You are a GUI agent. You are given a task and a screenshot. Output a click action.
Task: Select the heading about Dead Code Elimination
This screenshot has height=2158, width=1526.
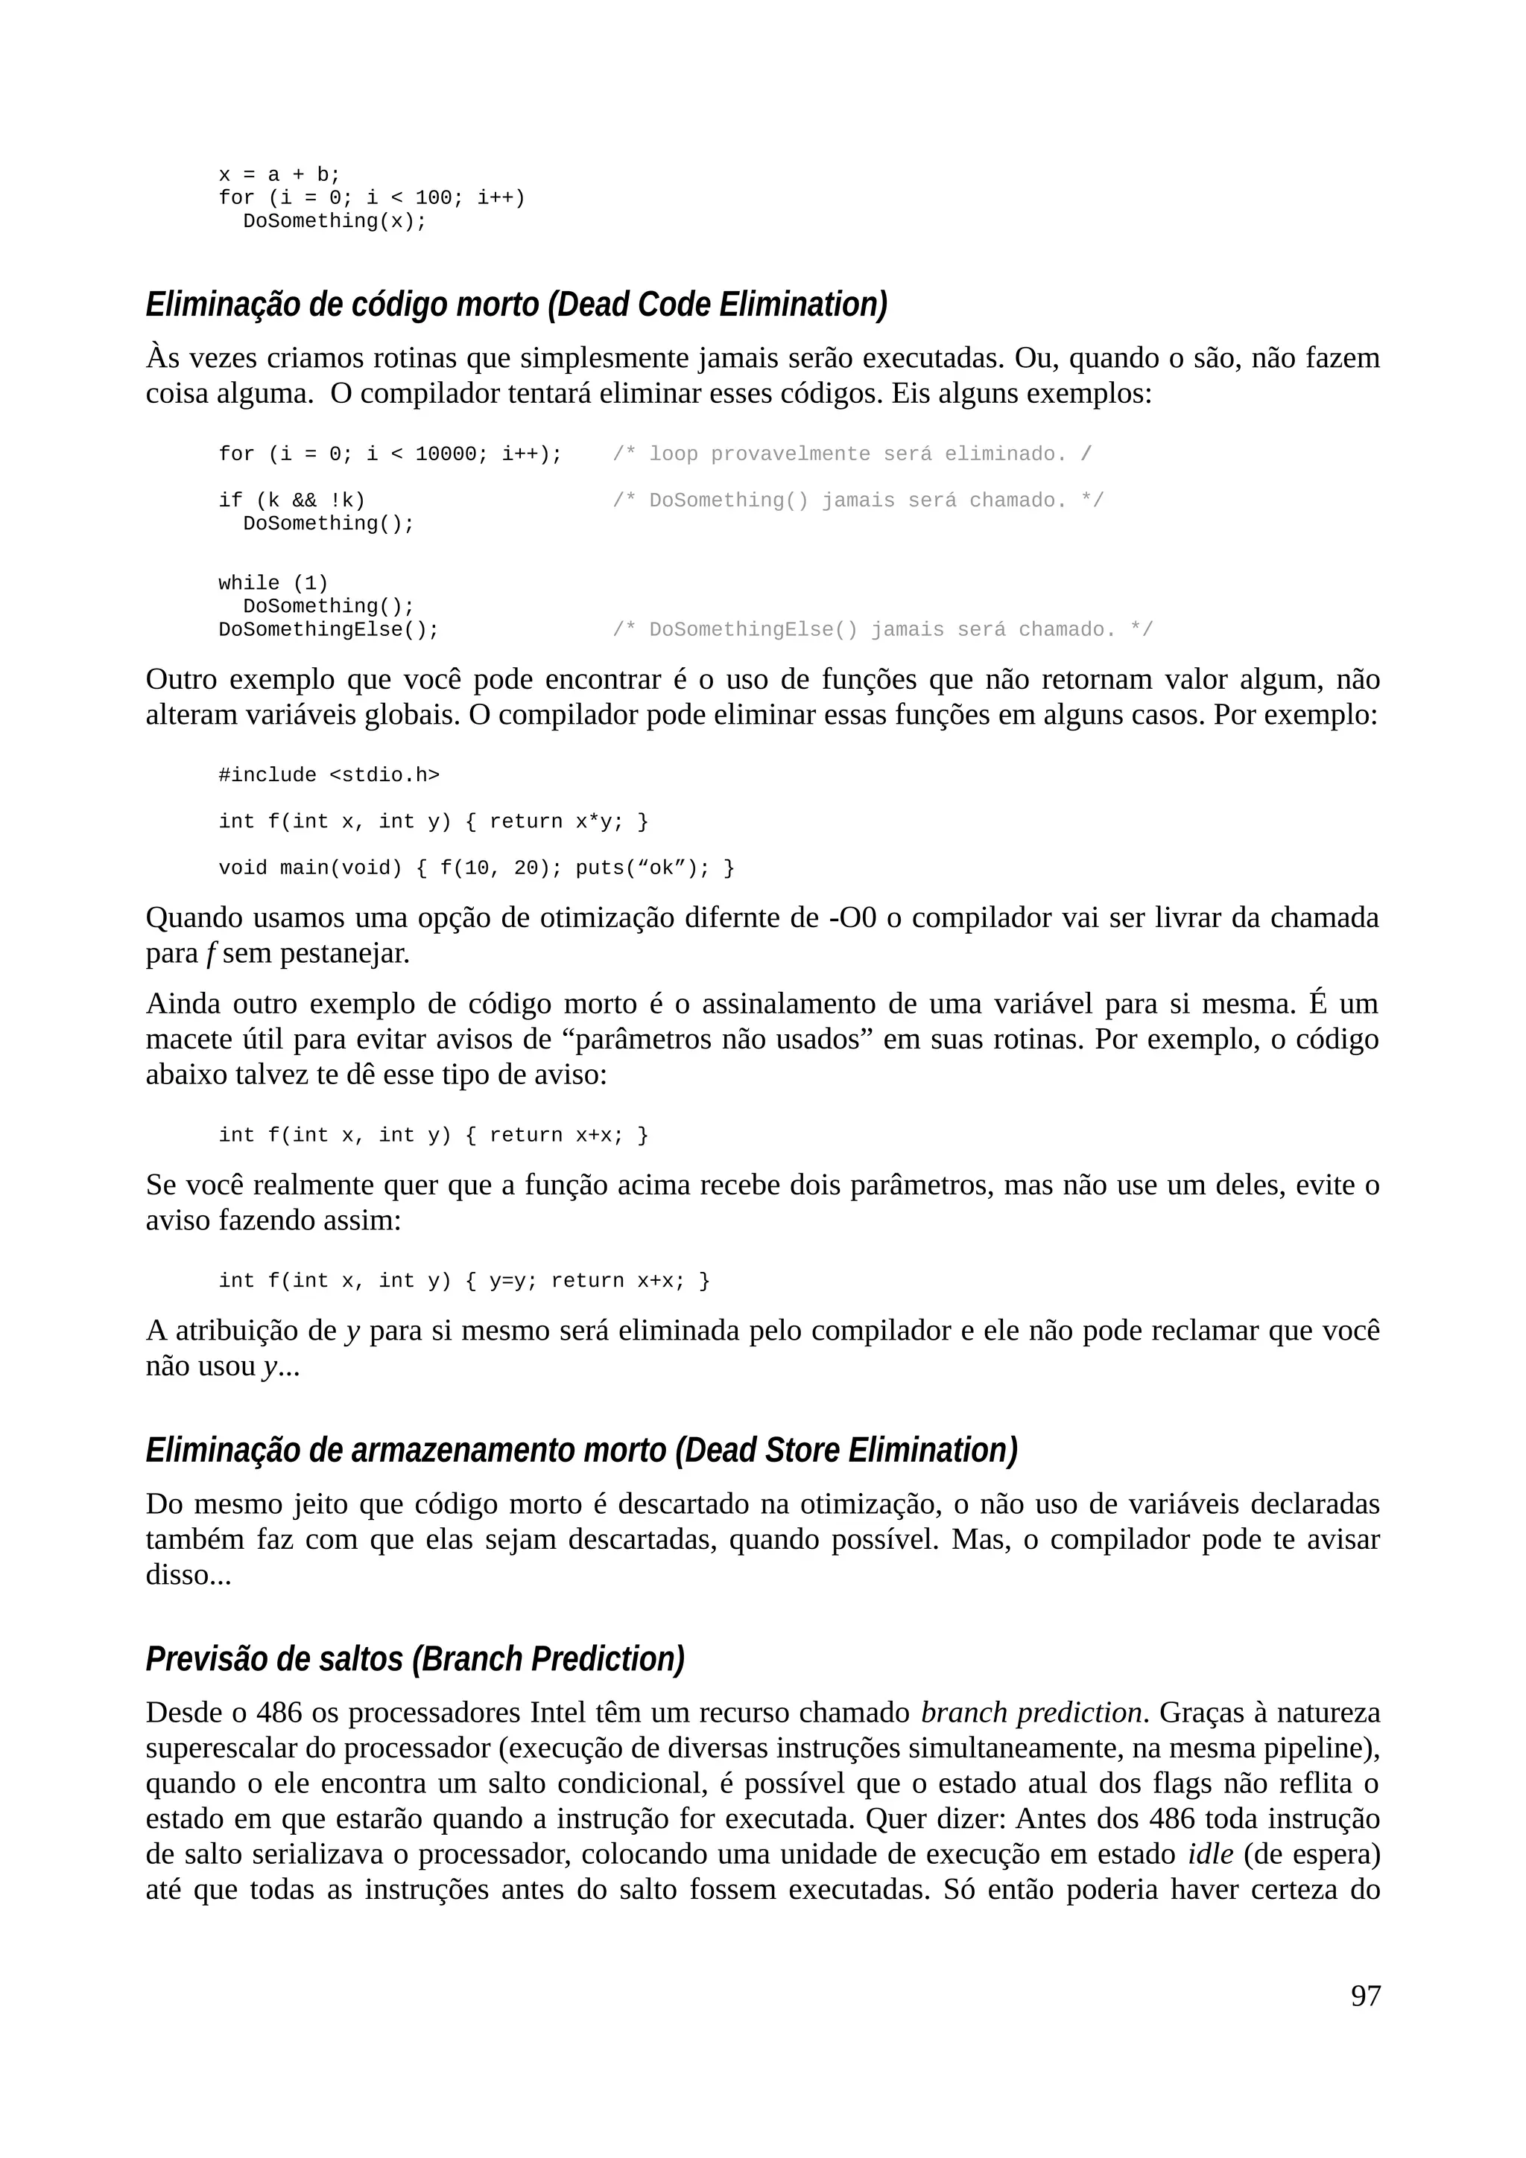click(x=516, y=305)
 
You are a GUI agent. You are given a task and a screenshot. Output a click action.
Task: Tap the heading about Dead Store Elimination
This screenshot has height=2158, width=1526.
click(x=581, y=1451)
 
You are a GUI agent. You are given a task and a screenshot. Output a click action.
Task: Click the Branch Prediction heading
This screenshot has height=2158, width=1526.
click(x=414, y=1659)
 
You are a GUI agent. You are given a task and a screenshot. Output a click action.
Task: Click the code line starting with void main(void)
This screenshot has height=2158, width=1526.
click(x=476, y=868)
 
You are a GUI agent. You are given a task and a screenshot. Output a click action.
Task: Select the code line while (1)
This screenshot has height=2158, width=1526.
click(x=273, y=583)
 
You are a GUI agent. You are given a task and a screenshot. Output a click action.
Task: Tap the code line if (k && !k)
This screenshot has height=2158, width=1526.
click(x=291, y=500)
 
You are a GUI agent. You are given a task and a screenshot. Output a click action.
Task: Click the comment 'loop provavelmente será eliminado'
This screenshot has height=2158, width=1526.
click(x=851, y=454)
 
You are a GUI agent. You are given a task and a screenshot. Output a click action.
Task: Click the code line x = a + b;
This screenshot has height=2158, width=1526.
click(x=279, y=175)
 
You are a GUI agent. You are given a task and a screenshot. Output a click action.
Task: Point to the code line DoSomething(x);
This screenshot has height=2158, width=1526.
click(x=334, y=221)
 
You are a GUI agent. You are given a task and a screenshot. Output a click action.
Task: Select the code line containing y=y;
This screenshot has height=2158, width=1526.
click(x=463, y=1281)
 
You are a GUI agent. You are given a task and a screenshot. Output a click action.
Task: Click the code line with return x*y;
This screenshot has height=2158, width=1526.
click(x=434, y=821)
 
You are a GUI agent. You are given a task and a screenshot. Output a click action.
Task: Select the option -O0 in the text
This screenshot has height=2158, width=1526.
click(x=853, y=917)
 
